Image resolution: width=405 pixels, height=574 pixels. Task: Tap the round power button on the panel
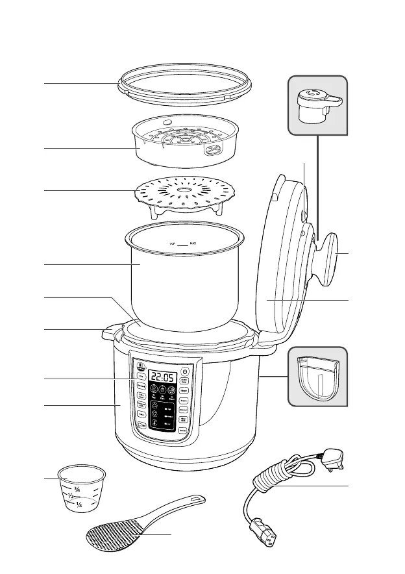(184, 372)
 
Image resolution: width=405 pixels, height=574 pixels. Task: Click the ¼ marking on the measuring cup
(79, 505)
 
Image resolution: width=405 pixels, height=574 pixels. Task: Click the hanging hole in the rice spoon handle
(193, 501)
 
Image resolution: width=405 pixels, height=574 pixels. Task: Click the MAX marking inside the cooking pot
(193, 245)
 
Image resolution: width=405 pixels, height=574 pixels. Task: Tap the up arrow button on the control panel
(156, 408)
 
